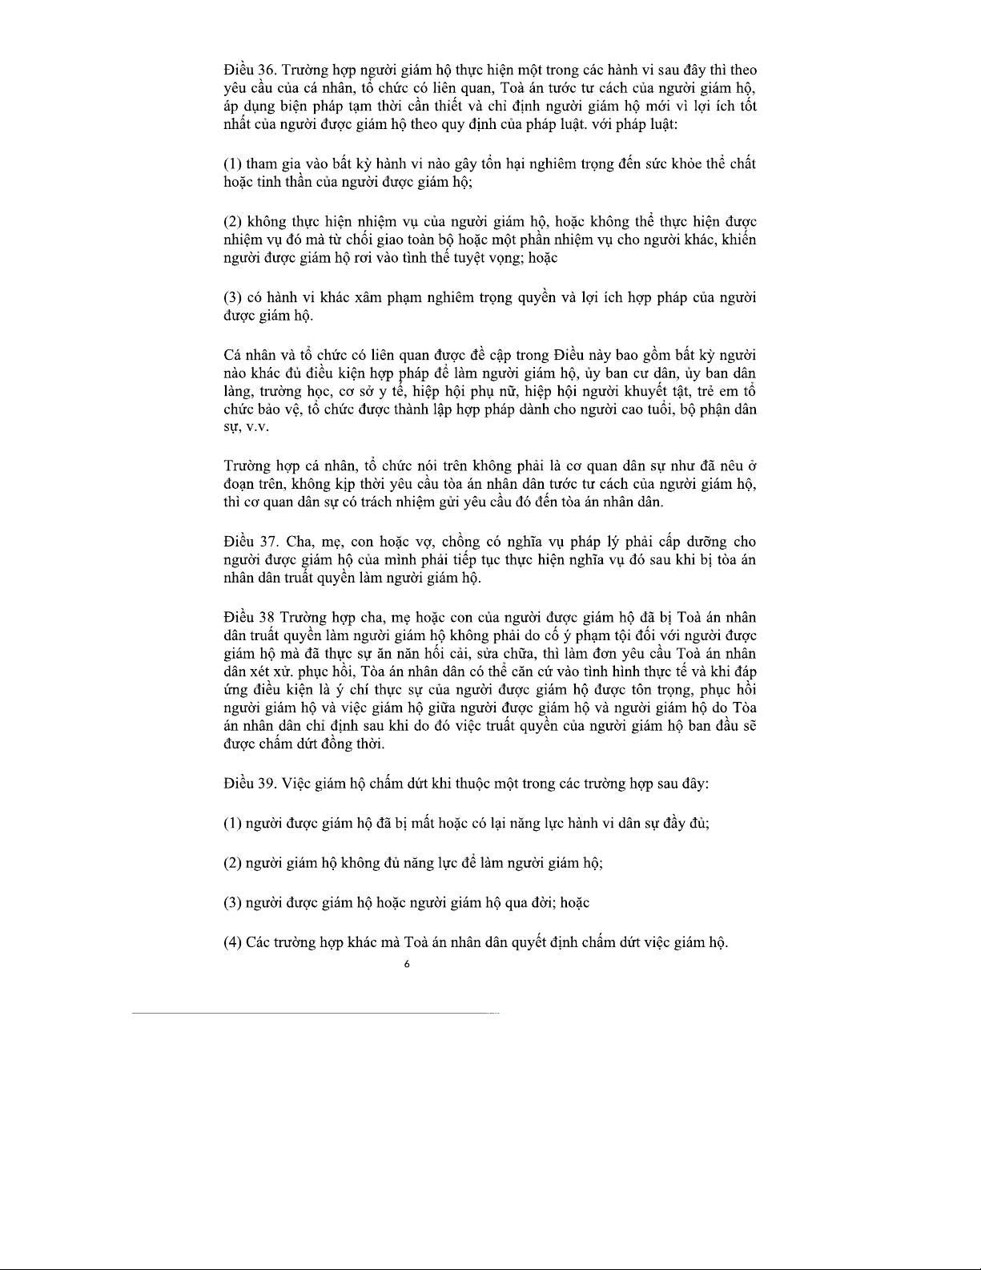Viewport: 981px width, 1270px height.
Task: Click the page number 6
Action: pyautogui.click(x=407, y=965)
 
